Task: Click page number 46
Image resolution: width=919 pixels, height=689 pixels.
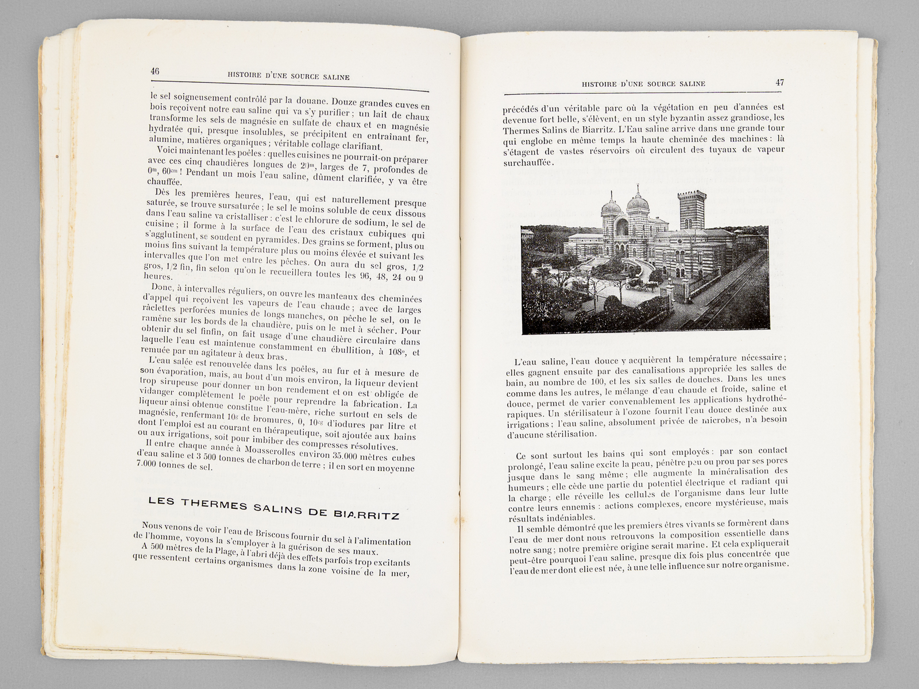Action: click(155, 71)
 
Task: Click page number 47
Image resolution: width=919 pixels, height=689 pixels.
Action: click(779, 82)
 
